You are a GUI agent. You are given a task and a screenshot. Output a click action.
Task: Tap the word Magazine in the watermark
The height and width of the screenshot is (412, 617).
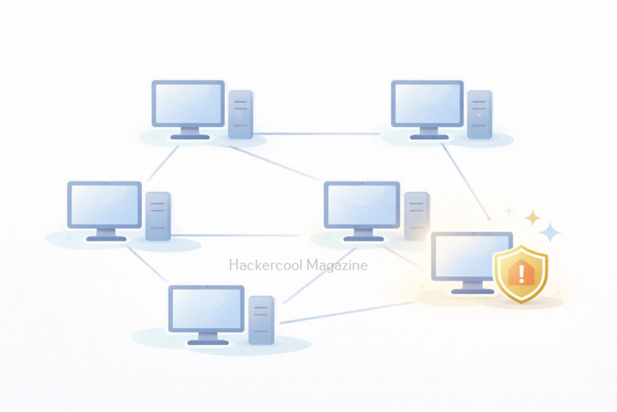tap(337, 265)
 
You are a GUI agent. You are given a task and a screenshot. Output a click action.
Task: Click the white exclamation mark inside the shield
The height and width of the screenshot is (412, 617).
tap(521, 274)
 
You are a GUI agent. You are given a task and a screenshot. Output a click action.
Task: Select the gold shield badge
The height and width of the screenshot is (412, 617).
tap(521, 274)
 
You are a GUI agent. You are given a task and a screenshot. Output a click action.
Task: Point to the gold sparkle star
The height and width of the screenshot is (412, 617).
tap(533, 218)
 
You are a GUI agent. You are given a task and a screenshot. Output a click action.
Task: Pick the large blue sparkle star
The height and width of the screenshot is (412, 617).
tap(550, 232)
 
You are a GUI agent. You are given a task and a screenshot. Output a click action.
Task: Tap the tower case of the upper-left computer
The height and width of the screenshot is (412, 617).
tap(240, 115)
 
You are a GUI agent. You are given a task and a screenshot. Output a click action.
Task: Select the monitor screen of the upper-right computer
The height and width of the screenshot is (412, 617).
tap(427, 103)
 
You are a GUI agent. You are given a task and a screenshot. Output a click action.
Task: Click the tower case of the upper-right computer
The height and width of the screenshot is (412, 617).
tap(480, 115)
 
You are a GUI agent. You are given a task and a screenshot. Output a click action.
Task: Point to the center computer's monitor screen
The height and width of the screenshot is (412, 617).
tap(362, 205)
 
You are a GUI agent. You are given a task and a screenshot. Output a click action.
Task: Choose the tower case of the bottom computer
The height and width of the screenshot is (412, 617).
tap(262, 320)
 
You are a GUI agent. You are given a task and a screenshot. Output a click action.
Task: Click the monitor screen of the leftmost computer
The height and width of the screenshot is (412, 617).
tap(105, 205)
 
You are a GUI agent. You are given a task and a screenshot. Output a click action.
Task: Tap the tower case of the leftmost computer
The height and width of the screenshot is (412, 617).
tap(158, 216)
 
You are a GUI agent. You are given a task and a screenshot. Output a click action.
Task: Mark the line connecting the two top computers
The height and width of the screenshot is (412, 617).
tap(317, 134)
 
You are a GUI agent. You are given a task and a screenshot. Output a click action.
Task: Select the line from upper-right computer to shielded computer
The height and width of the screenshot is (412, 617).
tap(466, 182)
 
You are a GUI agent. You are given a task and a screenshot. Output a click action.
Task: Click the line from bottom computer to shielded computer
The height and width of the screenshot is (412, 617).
tap(348, 312)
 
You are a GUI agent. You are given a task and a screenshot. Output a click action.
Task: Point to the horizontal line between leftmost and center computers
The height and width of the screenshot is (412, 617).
tap(236, 235)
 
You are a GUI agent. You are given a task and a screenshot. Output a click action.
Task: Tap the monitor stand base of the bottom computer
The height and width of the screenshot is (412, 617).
tap(208, 342)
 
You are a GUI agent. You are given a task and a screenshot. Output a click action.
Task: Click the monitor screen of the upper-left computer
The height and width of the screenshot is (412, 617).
tap(188, 103)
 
